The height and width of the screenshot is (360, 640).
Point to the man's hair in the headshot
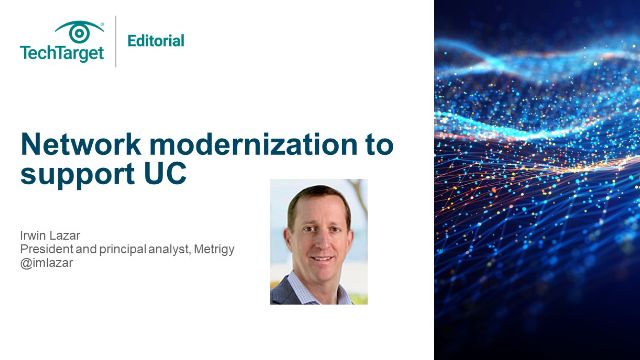point(318,195)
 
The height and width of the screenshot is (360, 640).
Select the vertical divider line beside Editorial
point(116,41)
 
